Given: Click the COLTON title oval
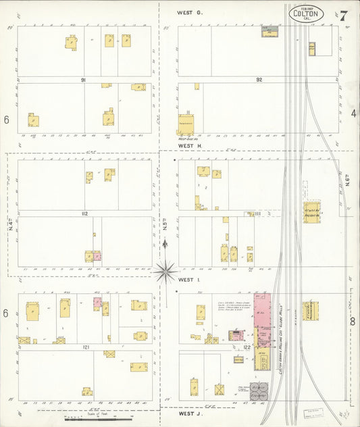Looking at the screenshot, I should click(x=306, y=14).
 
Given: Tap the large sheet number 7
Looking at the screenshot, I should click(x=344, y=15).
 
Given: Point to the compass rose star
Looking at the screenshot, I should click(x=165, y=272).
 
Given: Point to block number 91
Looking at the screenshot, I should click(x=84, y=80).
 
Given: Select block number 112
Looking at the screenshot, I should click(x=84, y=214).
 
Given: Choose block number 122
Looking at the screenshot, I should click(x=247, y=347).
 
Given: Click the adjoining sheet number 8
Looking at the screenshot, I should click(x=352, y=321).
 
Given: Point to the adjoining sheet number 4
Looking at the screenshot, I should click(x=353, y=114).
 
